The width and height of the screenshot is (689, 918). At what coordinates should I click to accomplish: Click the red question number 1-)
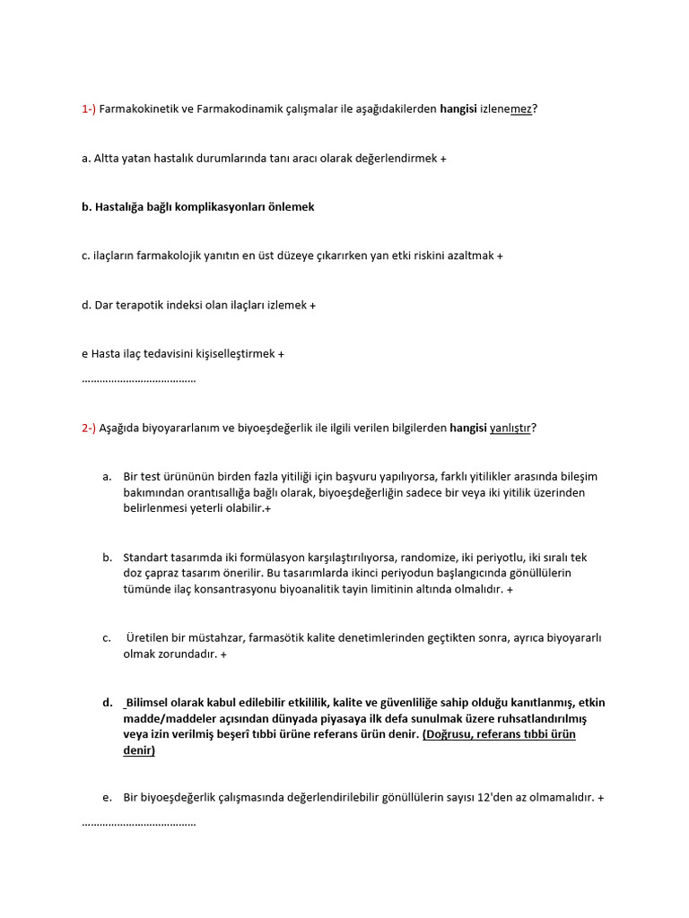(88, 109)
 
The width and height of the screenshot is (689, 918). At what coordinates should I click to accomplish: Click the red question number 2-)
(88, 428)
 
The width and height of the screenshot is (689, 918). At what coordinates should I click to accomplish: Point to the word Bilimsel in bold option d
(147, 702)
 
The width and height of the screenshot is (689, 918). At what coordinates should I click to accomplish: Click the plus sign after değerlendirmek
(443, 159)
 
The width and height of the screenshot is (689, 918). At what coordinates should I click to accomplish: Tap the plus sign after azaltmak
(500, 256)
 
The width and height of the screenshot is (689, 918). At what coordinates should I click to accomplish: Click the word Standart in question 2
(145, 558)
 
